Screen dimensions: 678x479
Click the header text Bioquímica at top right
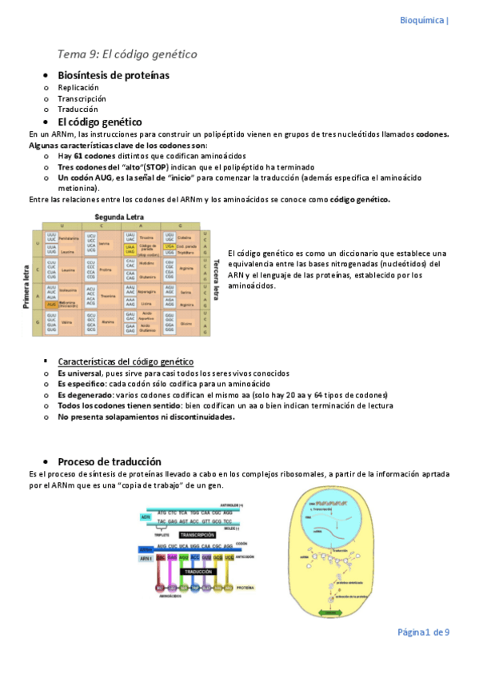pyautogui.click(x=422, y=21)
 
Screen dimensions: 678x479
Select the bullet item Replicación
pyautogui.click(x=78, y=87)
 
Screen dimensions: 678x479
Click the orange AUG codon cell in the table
pyautogui.click(x=51, y=304)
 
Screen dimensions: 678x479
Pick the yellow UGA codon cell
pyautogui.click(x=170, y=247)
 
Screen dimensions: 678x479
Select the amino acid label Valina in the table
pyautogui.click(x=66, y=323)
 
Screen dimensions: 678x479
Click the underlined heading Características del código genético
pyautogui.click(x=125, y=361)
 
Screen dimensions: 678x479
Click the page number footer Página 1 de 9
pyautogui.click(x=424, y=632)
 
